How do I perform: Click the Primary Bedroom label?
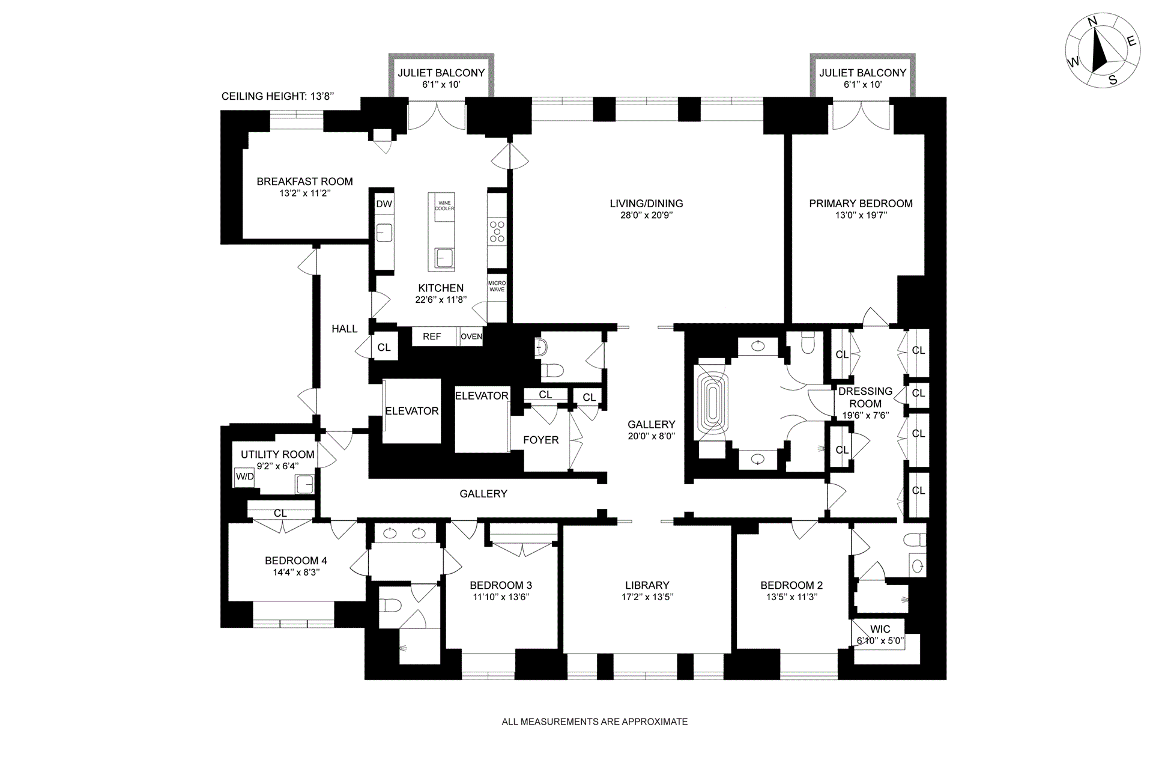coord(861,204)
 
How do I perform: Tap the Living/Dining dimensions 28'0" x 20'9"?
coord(646,215)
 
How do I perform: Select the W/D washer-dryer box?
coord(244,477)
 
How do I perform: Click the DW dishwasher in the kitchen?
coord(384,204)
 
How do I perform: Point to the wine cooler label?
coord(445,205)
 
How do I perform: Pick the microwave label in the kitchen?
coord(497,286)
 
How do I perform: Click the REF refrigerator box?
coord(432,336)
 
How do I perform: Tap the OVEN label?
coord(471,336)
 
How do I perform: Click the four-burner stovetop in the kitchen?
coord(497,231)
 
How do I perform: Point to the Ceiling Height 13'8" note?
coord(277,96)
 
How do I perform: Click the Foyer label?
coord(540,440)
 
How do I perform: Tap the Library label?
coord(647,585)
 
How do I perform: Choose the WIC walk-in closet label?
coord(880,630)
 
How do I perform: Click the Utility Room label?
coord(277,455)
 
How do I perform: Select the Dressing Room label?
coord(865,397)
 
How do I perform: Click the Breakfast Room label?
coord(304,181)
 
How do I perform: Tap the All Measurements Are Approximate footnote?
coord(595,722)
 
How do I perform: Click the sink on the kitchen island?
coord(444,258)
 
